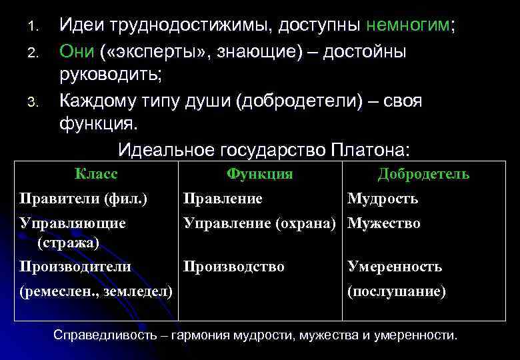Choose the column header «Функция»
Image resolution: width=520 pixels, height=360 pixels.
click(x=259, y=174)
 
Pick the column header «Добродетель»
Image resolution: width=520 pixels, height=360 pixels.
click(x=423, y=174)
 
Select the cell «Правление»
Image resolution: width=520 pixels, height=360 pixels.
click(x=223, y=198)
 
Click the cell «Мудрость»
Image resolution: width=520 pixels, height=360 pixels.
click(x=383, y=198)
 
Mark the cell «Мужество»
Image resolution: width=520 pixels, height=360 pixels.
click(x=384, y=223)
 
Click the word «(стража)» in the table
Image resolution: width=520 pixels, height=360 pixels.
click(x=69, y=243)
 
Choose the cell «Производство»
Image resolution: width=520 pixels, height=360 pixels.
click(x=234, y=267)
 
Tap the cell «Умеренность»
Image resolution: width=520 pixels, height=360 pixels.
click(x=395, y=267)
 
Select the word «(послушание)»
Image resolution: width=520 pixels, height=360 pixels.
click(x=397, y=291)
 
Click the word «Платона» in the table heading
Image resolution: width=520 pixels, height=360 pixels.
click(x=368, y=149)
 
